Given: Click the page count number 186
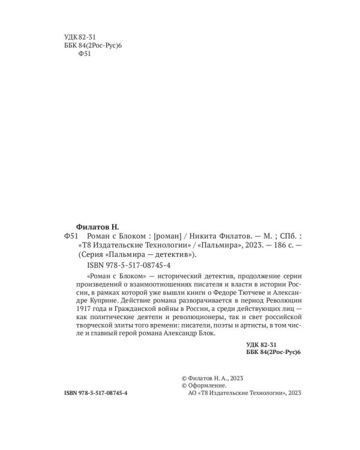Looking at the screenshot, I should tap(271, 247).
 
